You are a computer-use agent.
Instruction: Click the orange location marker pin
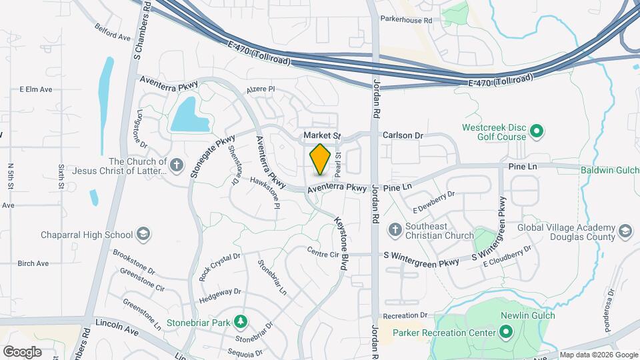(321, 160)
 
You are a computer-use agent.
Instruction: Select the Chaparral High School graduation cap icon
(143, 234)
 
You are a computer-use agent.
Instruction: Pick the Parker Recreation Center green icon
(506, 332)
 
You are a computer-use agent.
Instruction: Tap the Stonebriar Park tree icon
(240, 323)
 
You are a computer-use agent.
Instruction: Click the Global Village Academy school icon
(625, 231)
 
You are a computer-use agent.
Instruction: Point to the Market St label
(322, 135)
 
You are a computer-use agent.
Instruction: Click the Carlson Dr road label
(403, 135)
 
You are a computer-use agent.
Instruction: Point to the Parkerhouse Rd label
(406, 21)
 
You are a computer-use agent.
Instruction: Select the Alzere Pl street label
(261, 89)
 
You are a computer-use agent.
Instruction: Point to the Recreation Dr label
(405, 315)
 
